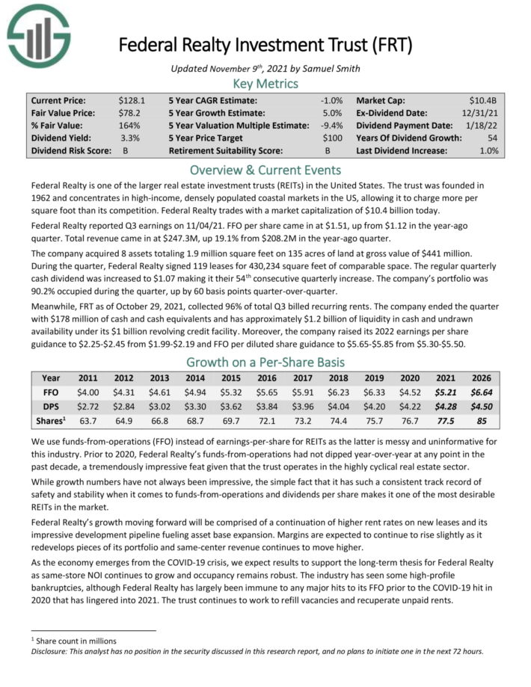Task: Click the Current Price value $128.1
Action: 130,99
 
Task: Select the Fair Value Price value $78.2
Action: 130,112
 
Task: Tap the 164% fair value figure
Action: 130,125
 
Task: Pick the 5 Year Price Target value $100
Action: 333,138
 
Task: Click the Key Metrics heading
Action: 265,83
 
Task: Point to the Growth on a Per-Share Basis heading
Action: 265,362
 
